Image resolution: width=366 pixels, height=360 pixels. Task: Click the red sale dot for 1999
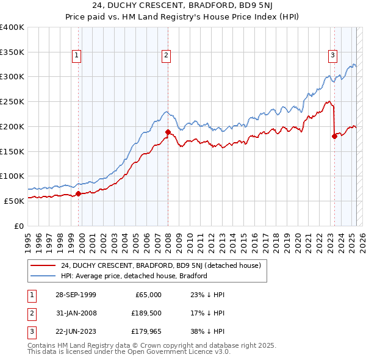coord(79,195)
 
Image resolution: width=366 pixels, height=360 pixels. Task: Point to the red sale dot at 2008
coord(168,132)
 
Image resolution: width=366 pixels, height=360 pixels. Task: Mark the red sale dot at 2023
coord(334,136)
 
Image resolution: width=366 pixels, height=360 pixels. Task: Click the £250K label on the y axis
coord(12,102)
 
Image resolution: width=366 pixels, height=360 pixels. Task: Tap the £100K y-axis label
coord(12,176)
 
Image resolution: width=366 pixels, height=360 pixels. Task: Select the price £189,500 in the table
coord(146,313)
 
